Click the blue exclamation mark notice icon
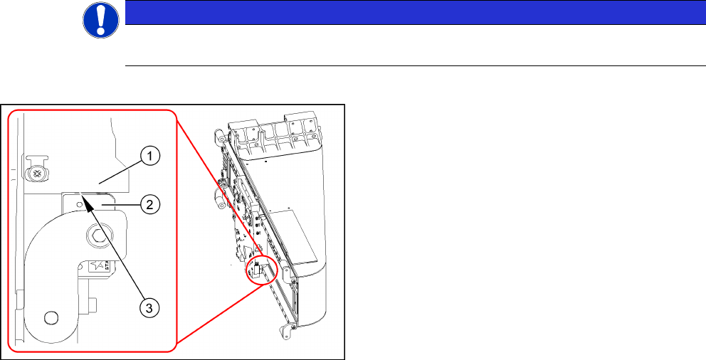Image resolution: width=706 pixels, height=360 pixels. point(101,20)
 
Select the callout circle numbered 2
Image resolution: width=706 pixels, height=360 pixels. point(150,206)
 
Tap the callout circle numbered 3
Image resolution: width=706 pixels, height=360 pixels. point(149,307)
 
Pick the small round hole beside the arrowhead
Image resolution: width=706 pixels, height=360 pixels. point(79,205)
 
